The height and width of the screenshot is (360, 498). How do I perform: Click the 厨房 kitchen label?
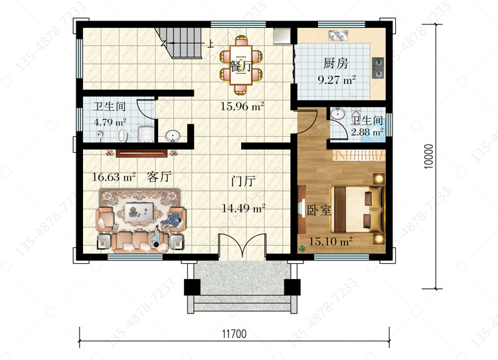pos(335,63)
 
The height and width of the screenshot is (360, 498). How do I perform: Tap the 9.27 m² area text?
pos(337,79)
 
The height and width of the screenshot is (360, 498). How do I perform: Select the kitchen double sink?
pos(338,36)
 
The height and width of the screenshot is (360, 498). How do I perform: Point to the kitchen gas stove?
pos(378,68)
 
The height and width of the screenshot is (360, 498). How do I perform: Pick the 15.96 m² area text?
pos(242,106)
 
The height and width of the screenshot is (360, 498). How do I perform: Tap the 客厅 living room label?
pos(159,176)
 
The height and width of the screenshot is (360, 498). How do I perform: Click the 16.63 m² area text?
pos(114,176)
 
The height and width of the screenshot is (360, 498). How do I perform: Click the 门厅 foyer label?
pos(243,181)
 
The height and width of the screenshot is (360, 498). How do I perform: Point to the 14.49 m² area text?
pos(243,208)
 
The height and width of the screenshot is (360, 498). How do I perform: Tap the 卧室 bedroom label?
pos(319,210)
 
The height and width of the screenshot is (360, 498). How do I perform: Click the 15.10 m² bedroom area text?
pos(331,241)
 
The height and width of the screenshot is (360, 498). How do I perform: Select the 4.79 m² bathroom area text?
pos(110,122)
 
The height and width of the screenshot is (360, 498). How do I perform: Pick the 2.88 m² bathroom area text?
pos(367,132)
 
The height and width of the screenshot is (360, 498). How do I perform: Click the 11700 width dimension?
pos(234,334)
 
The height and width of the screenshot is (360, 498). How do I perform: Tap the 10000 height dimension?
pos(428,156)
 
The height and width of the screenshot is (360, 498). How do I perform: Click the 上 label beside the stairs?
pos(210,44)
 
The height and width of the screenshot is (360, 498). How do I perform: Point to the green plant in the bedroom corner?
pos(301,249)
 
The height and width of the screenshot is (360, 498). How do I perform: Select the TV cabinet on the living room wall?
pos(141,153)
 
